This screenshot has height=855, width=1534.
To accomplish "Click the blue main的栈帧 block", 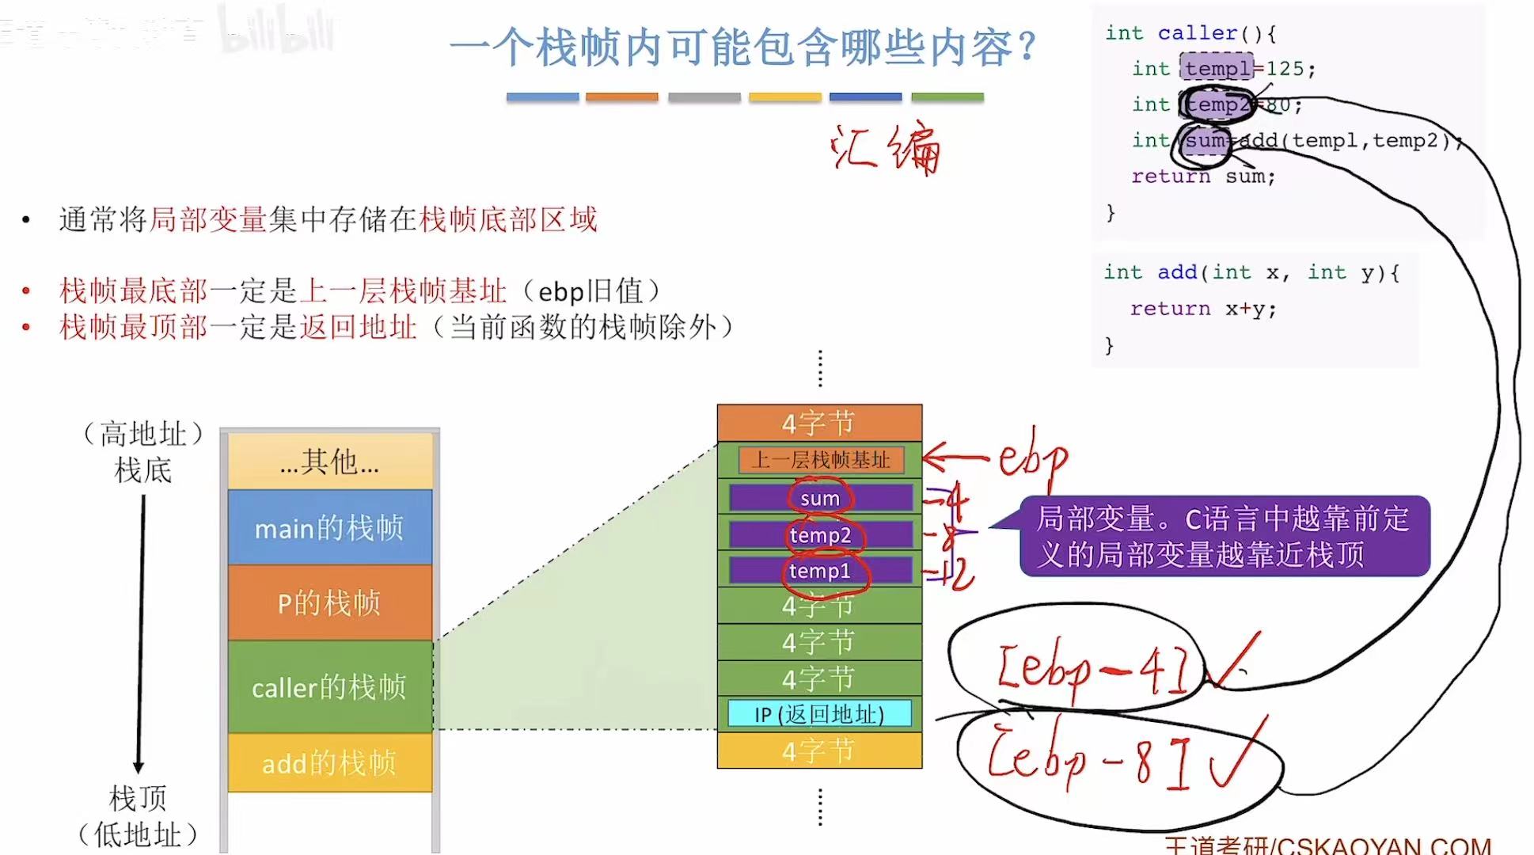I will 329,527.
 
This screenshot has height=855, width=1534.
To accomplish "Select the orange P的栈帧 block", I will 329,603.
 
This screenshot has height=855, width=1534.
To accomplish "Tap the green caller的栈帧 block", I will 329,687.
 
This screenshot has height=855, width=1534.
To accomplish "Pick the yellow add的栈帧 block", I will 329,763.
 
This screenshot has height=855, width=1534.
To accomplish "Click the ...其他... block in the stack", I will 329,461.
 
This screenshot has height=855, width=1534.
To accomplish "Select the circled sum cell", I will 820,498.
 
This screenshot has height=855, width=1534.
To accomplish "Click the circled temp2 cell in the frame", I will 820,535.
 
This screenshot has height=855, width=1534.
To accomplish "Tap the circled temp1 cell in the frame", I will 820,571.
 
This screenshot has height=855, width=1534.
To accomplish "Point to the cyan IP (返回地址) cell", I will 819,714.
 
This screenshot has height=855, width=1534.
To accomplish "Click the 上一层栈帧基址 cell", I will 821,460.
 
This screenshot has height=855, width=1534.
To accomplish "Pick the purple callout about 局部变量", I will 1224,536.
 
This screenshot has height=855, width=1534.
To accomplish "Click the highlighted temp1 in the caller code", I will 1217,69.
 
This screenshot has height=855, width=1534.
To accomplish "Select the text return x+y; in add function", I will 1203,309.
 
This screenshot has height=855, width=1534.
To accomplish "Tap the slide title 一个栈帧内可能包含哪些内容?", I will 742,47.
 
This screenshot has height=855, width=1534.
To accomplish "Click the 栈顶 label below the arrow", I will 138,798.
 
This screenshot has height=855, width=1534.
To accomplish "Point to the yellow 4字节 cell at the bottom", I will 819,750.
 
